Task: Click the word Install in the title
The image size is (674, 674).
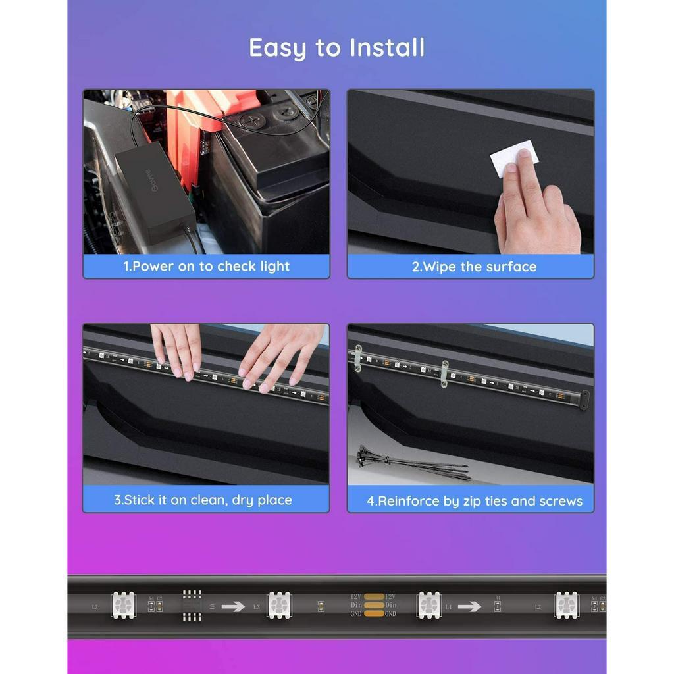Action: click(387, 48)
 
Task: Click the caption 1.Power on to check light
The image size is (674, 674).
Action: click(206, 267)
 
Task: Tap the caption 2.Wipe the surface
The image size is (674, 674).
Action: click(474, 267)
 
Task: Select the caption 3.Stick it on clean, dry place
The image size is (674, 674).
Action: click(203, 500)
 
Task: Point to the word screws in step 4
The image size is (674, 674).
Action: click(561, 501)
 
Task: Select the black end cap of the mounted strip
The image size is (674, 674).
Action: click(583, 400)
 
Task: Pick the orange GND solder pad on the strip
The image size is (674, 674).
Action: click(373, 614)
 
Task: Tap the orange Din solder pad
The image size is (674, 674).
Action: click(373, 605)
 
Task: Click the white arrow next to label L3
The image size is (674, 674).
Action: click(233, 606)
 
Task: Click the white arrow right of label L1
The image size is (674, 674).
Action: click(469, 606)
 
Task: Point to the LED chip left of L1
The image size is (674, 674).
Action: click(429, 605)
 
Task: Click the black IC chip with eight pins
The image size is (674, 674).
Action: click(192, 605)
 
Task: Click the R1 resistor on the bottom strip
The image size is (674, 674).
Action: click(497, 606)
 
